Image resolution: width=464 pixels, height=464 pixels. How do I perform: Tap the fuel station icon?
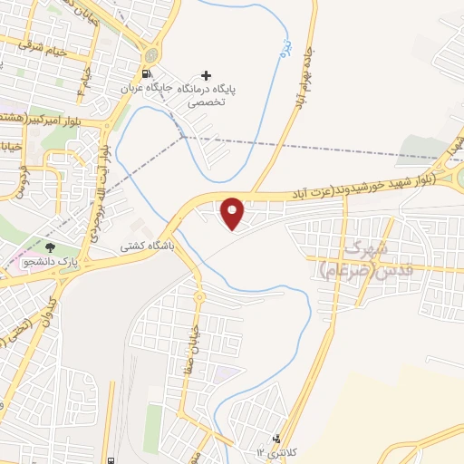click(x=146, y=74)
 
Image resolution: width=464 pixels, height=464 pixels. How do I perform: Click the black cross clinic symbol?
click(x=207, y=74)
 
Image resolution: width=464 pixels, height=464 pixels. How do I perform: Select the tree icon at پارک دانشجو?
click(x=50, y=246)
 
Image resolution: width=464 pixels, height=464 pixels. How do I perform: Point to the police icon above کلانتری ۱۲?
click(x=276, y=439)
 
